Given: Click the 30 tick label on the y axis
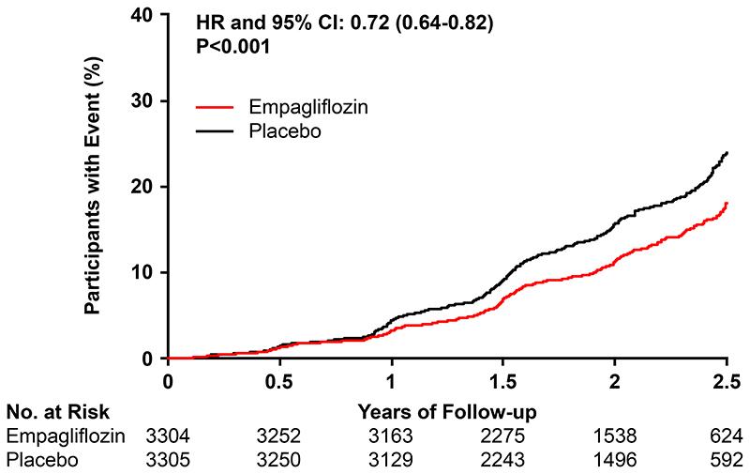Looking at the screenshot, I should pyautogui.click(x=145, y=101).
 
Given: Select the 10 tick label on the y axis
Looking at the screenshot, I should pyautogui.click(x=145, y=272).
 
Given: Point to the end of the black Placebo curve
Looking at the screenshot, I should pyautogui.click(x=727, y=152).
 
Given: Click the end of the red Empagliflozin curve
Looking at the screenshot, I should pyautogui.click(x=727, y=203).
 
